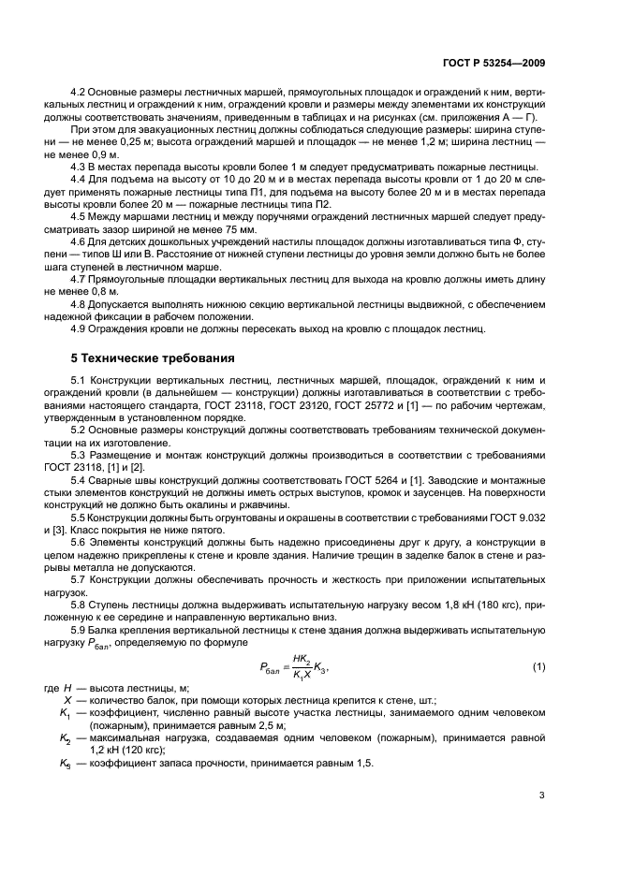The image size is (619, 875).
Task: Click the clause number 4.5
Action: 81,241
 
